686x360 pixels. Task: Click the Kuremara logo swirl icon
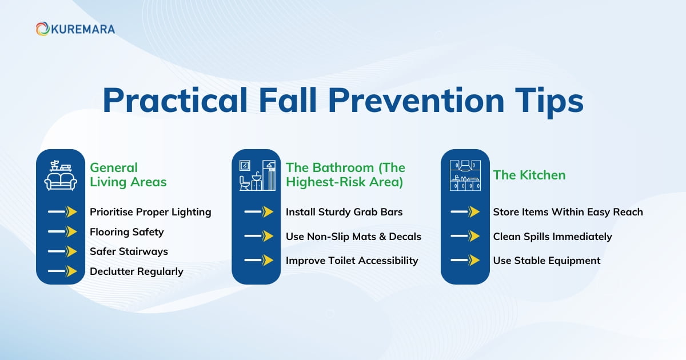coord(42,29)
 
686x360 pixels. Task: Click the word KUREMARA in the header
coord(82,29)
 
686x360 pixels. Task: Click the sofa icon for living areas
coord(61,175)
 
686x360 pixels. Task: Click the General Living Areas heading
coord(128,175)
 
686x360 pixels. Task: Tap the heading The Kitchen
coord(529,175)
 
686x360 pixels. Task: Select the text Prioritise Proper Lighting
coord(150,212)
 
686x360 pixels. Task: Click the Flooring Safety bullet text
coord(126,232)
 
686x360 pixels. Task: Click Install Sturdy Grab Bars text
coord(344,212)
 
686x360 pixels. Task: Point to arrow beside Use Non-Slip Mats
coord(258,236)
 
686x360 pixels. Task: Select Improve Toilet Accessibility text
coord(352,261)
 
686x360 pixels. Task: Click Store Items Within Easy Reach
coord(568,212)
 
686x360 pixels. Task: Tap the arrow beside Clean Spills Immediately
coord(465,236)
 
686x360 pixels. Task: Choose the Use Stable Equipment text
coord(547,261)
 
